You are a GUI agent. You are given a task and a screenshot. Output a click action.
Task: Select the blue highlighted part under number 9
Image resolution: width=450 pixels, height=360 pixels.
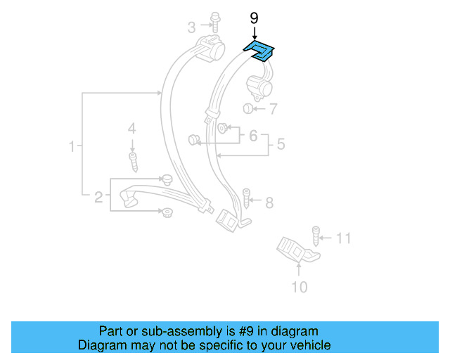(x=259, y=50)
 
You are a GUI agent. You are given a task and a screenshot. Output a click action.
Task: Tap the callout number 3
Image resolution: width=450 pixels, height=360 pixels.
(x=191, y=27)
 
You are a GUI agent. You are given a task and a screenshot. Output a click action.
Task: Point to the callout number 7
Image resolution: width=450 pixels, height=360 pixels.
(x=272, y=109)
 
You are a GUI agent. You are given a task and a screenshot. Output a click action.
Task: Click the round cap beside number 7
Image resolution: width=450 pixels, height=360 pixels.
(x=248, y=108)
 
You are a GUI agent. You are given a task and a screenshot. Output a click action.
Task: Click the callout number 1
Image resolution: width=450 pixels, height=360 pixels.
(x=71, y=147)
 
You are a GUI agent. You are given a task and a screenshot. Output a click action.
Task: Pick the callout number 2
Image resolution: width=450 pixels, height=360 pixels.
(x=99, y=198)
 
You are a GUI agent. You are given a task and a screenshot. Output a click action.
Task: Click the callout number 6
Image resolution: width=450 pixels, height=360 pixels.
(x=253, y=135)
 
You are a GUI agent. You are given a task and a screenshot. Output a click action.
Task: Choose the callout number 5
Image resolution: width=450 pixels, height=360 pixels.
(x=281, y=145)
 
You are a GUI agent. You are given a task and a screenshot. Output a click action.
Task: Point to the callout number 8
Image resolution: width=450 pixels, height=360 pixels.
(x=269, y=203)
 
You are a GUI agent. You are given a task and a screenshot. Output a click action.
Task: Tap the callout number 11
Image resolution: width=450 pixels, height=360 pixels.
(x=342, y=238)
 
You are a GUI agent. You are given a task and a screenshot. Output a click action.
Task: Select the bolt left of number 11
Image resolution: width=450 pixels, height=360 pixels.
(x=316, y=235)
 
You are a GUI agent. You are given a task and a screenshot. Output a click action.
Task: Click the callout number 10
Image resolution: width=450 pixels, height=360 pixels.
(x=299, y=287)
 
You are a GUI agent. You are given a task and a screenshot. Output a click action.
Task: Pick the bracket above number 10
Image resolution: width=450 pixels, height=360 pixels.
(x=296, y=249)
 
